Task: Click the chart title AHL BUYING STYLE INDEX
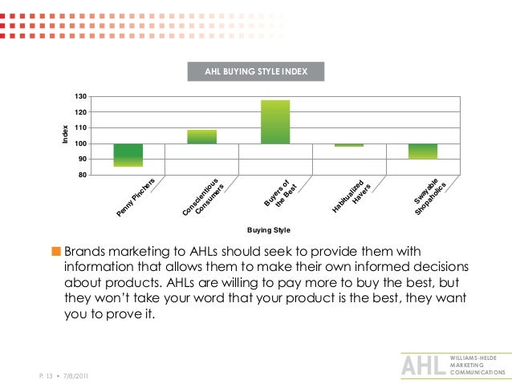tap(256, 71)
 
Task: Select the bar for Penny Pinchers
tap(128, 155)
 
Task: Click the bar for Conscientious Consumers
tap(201, 136)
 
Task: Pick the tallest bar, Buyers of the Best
tap(275, 122)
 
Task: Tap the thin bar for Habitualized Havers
tap(349, 145)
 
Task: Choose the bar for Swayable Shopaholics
tap(423, 152)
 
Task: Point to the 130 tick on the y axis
tap(79, 97)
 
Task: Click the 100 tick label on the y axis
tap(79, 143)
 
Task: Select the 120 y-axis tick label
tap(79, 113)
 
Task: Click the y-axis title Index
tap(66, 135)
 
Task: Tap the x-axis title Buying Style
tap(269, 230)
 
